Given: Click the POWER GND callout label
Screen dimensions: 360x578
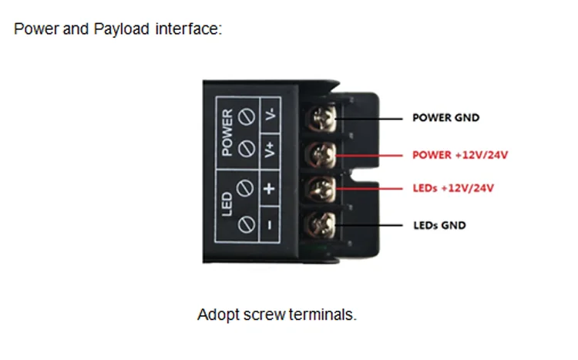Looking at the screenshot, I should click(x=445, y=119).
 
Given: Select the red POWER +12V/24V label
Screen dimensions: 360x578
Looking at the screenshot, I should click(x=460, y=155).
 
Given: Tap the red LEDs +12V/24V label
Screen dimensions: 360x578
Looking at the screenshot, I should click(x=453, y=188).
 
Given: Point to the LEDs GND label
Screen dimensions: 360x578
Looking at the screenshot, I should click(x=439, y=226).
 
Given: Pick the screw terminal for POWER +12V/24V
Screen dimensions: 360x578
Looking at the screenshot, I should click(x=321, y=154).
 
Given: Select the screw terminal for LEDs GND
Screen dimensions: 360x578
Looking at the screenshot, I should click(x=321, y=225).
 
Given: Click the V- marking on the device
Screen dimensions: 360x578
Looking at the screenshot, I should click(x=271, y=116).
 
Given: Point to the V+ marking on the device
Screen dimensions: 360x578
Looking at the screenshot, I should click(x=271, y=150).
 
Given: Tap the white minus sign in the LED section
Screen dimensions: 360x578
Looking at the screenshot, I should click(x=271, y=225).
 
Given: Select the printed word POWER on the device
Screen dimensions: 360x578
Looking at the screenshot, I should click(x=227, y=133).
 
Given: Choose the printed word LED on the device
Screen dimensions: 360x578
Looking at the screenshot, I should click(x=227, y=207).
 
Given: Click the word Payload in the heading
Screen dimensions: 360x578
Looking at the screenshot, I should click(x=122, y=30).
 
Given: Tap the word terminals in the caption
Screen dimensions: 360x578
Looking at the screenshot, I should click(x=328, y=315).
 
